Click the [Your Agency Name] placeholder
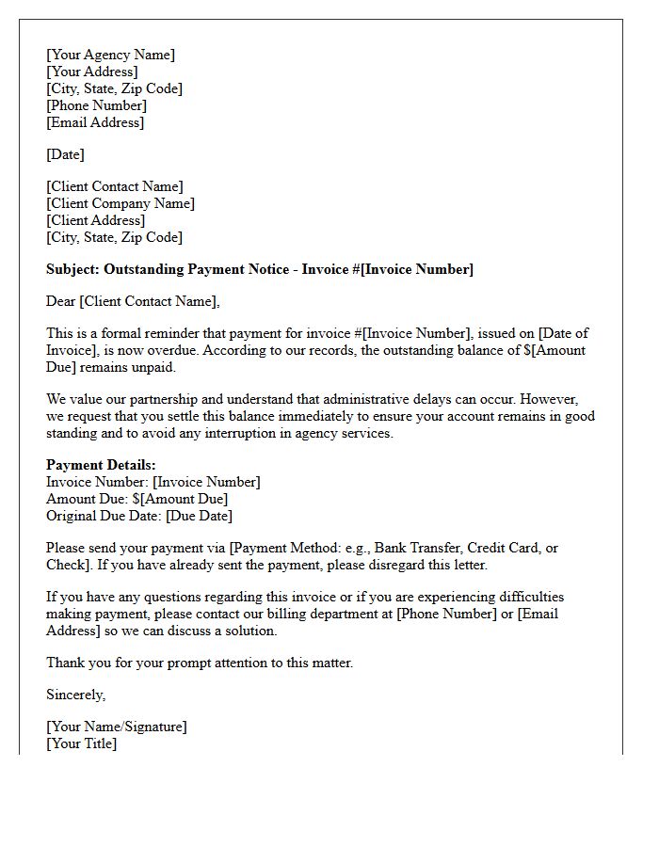click(110, 55)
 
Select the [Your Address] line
click(91, 72)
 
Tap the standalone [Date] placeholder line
click(65, 154)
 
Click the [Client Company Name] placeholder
click(120, 203)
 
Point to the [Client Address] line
click(95, 220)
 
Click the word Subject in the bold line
click(72, 269)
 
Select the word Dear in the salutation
click(61, 301)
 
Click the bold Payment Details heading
click(101, 465)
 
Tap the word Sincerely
click(75, 695)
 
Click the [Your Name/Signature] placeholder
click(116, 727)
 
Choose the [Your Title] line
click(81, 743)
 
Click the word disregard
click(420, 565)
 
